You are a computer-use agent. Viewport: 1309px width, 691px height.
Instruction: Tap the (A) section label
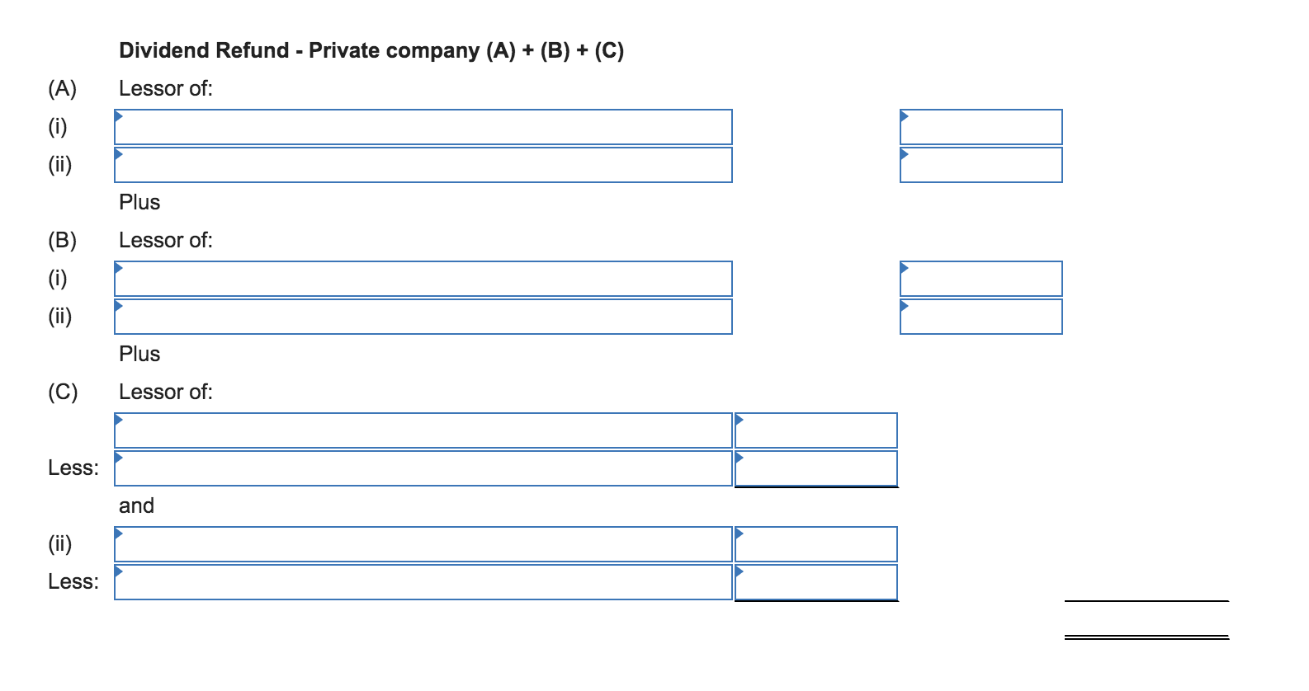[63, 89]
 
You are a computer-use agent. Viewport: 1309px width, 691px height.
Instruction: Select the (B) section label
[63, 241]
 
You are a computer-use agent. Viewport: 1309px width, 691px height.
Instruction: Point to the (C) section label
[63, 393]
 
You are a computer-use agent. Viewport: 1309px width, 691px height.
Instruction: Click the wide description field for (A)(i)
[423, 127]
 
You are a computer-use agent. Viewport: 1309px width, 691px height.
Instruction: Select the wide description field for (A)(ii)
[423, 165]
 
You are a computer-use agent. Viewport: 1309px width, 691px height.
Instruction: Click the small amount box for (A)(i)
[981, 127]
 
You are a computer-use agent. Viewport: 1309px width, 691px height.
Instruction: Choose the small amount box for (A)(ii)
[981, 165]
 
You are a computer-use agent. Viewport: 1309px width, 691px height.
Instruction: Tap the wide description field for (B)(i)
[423, 279]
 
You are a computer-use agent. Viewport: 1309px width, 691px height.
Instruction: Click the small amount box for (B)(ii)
[981, 317]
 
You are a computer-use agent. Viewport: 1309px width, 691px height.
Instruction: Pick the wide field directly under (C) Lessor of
[423, 430]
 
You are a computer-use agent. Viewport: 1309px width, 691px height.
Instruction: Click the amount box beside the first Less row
[815, 468]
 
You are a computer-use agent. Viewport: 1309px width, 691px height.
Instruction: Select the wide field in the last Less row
[423, 582]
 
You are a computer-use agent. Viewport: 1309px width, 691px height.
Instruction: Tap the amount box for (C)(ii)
[815, 544]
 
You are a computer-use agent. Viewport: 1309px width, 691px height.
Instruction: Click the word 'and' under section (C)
[137, 505]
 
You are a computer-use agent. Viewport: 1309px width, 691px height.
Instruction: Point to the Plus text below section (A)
[139, 202]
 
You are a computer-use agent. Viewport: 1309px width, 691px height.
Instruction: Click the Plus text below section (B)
[139, 354]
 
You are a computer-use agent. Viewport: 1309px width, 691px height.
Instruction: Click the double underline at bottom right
[1146, 637]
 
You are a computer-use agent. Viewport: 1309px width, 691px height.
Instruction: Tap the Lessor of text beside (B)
[166, 241]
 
